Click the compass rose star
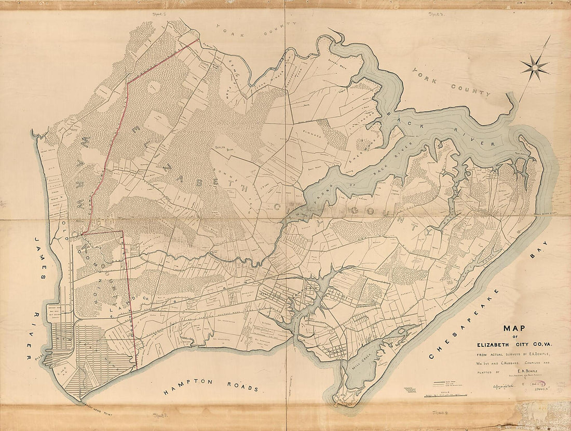click(x=535, y=66)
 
